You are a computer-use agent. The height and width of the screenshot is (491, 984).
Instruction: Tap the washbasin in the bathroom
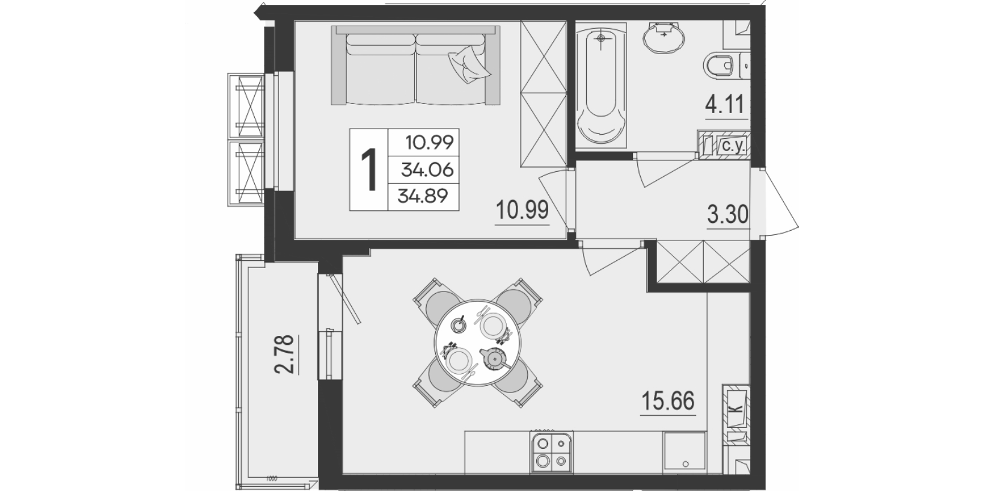(664, 37)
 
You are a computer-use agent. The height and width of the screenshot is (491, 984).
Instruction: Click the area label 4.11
(726, 105)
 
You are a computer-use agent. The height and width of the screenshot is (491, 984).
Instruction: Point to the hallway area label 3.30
(727, 215)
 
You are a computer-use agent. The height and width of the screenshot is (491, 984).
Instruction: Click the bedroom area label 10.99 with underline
(522, 209)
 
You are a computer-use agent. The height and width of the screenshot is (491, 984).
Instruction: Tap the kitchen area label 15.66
(668, 400)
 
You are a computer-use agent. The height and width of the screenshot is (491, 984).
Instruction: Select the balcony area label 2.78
(284, 354)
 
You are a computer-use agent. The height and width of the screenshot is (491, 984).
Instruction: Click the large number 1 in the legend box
(369, 169)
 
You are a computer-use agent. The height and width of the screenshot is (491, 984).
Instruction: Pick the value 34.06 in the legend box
(427, 169)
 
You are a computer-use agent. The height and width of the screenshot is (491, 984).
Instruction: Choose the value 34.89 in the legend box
(423, 195)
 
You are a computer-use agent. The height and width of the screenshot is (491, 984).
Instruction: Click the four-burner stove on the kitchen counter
(552, 453)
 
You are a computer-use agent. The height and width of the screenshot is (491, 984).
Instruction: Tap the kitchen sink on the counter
(685, 452)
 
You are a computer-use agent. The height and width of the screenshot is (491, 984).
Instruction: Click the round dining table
(477, 343)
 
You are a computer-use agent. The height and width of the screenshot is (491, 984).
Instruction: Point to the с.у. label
(731, 146)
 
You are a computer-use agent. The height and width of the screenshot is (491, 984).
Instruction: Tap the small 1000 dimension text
(272, 479)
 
